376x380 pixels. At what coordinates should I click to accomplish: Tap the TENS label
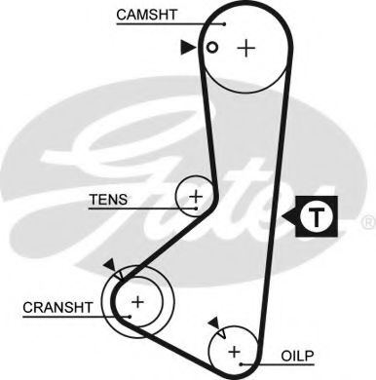(x=107, y=200)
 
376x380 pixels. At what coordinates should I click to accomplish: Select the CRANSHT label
(x=56, y=307)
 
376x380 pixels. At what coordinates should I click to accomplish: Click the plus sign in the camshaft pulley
(x=248, y=47)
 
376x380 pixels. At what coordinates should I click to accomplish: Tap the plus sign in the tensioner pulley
(x=196, y=198)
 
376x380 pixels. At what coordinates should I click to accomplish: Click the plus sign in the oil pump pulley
(x=234, y=351)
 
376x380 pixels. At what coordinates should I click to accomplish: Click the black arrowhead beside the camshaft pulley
(x=187, y=46)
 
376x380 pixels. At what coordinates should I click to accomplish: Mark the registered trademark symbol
(x=367, y=223)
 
